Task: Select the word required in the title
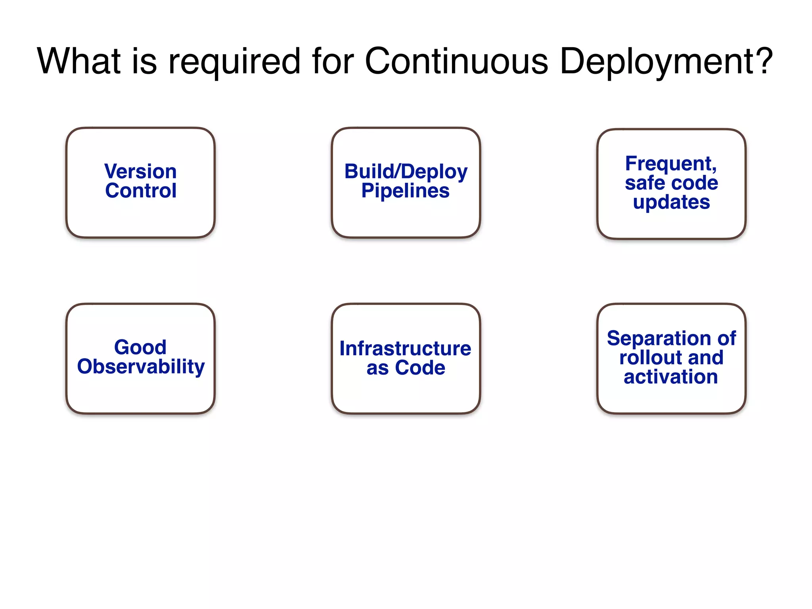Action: [x=234, y=61]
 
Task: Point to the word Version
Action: [x=140, y=171]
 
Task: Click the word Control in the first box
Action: [x=140, y=191]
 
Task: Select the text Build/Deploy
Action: [x=406, y=172]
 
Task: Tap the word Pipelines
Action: [x=405, y=191]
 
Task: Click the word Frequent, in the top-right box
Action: [x=671, y=163]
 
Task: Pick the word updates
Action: [x=671, y=202]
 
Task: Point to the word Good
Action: [x=140, y=347]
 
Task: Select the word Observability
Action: [x=141, y=367]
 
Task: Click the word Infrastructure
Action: [x=405, y=349]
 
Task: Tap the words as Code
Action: [x=406, y=368]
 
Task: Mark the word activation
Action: [x=671, y=377]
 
